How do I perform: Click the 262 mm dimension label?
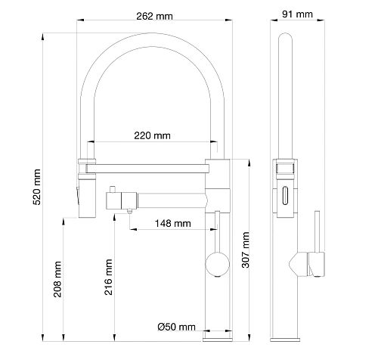[x=154, y=16]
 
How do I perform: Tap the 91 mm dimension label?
[x=297, y=14]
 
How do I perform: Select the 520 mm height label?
[x=37, y=187]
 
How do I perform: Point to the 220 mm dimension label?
[x=152, y=135]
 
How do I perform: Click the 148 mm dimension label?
[x=172, y=223]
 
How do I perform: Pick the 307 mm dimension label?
[x=246, y=250]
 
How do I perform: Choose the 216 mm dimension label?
[x=108, y=277]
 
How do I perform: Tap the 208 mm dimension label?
[x=57, y=279]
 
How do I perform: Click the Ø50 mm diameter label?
[x=176, y=327]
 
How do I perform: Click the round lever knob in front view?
[x=217, y=264]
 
